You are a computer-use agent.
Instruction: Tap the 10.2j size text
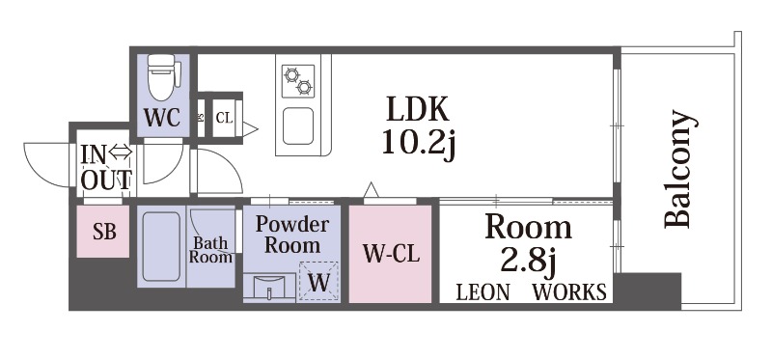[418, 144]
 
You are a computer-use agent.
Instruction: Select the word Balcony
[679, 171]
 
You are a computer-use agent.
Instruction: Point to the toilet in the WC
[161, 74]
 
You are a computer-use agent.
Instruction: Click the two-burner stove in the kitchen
[298, 79]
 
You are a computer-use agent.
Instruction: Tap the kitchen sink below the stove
[298, 125]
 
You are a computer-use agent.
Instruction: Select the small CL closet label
[223, 118]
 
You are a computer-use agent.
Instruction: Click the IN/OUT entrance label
[106, 166]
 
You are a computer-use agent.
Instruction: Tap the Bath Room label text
[210, 250]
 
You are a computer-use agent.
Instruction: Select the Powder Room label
[291, 234]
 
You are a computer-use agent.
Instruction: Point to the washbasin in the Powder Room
[269, 287]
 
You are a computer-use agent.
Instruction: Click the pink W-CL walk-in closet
[389, 254]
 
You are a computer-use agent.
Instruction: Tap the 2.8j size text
[528, 261]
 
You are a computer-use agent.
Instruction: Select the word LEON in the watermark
[482, 291]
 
